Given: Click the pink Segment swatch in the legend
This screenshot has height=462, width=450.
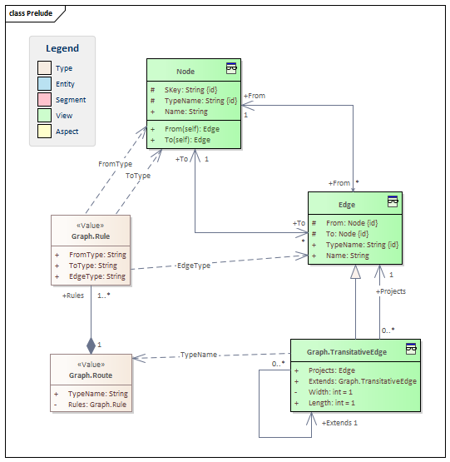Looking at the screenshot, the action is (x=44, y=99).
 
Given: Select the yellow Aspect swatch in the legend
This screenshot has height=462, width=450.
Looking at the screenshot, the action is (x=44, y=132).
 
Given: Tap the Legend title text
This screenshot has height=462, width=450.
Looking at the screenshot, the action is (x=62, y=48).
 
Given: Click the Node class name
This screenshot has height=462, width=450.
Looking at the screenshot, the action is (x=185, y=72).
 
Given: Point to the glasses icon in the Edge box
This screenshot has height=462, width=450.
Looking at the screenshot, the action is (x=393, y=201).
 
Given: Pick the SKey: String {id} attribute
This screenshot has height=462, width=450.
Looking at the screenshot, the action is (x=190, y=90).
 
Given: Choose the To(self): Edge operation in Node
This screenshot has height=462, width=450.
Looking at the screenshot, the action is (x=187, y=140).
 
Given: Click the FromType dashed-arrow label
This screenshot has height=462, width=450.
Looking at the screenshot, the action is (x=115, y=164).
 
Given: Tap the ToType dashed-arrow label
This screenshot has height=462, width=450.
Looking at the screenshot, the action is (x=138, y=176).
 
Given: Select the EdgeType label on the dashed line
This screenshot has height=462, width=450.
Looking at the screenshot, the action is (x=194, y=266).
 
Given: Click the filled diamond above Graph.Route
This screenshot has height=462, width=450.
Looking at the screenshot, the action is (x=91, y=345).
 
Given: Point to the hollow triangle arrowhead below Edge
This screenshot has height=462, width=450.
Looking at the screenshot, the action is (x=355, y=271).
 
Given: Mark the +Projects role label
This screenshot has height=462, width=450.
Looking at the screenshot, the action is (x=391, y=291).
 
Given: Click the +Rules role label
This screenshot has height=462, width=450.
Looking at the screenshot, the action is (x=73, y=296).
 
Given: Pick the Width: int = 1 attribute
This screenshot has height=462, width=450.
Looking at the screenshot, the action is (x=330, y=392).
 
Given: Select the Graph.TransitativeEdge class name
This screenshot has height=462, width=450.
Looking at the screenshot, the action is (x=347, y=352).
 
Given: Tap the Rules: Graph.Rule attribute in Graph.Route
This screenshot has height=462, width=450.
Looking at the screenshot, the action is (x=97, y=405).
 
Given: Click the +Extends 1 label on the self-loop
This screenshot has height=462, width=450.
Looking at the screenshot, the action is (x=339, y=423).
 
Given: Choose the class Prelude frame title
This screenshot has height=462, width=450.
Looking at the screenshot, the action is (x=31, y=13).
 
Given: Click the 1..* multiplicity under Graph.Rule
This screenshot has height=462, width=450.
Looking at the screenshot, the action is (x=104, y=296).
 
